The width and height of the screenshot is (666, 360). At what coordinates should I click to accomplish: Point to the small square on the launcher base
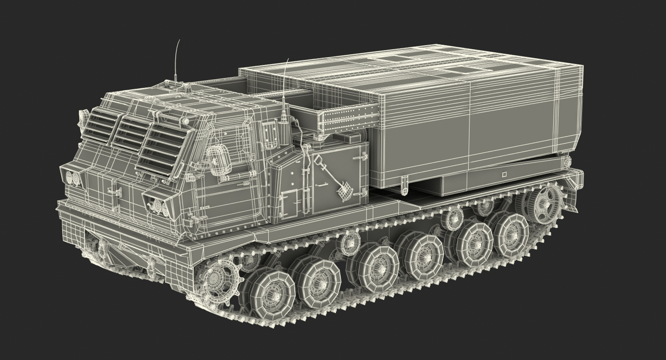pyautogui.click(x=504, y=174)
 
